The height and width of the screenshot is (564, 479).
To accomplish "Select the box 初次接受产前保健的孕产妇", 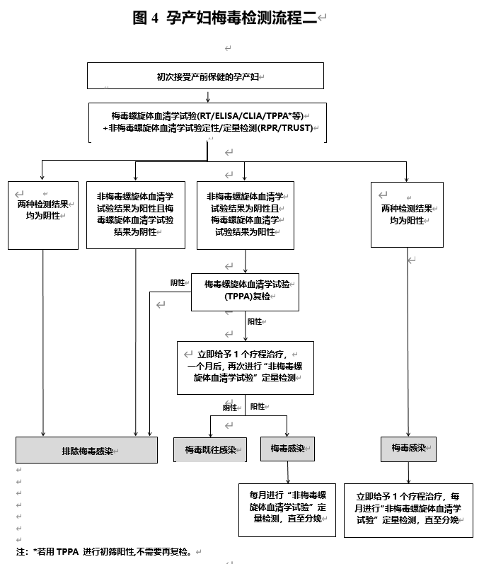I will (205, 76).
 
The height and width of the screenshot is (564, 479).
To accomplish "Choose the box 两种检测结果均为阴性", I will (43, 215).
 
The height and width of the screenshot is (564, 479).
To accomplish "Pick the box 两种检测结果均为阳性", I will (407, 214).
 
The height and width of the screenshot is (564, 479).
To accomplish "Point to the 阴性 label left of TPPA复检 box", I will (178, 282).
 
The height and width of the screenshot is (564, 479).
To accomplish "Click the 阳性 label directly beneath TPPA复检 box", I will (255, 321).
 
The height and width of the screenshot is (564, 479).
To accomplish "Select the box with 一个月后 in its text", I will (246, 367).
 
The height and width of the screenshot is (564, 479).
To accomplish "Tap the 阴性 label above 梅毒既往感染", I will (230, 408).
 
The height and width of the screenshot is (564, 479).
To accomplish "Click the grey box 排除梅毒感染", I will (87, 450).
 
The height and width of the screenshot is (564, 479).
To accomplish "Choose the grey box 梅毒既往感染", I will (210, 449).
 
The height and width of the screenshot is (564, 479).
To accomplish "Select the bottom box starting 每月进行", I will (287, 507).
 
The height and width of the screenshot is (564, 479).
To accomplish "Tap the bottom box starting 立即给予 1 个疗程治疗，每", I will (408, 510).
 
